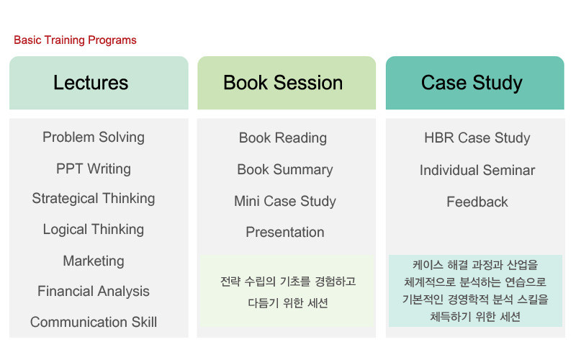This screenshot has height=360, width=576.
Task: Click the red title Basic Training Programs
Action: [75, 40]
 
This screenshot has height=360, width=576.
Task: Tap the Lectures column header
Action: [99, 83]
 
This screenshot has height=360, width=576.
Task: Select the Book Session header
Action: [287, 83]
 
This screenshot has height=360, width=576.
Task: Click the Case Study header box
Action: [475, 83]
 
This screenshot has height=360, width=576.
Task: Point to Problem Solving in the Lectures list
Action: [94, 138]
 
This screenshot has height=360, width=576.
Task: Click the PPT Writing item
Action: [94, 169]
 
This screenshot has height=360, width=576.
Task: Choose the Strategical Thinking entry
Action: [94, 199]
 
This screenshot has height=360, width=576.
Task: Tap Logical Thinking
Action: [94, 230]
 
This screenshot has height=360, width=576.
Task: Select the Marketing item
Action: [94, 261]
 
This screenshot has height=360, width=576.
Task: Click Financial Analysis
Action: [94, 292]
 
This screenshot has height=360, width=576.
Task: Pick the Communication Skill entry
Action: [94, 322]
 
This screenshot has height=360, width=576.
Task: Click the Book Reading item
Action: [283, 138]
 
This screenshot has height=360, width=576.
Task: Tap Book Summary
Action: [285, 170]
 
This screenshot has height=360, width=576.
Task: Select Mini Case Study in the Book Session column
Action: [285, 202]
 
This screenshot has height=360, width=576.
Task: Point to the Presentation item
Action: [285, 232]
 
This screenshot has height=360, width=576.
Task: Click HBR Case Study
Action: [477, 138]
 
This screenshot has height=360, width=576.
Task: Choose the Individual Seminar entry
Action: [477, 171]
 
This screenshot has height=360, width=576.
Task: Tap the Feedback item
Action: [477, 202]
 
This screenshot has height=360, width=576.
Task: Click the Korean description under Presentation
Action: [287, 292]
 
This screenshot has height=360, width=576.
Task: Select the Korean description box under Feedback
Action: [475, 291]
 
